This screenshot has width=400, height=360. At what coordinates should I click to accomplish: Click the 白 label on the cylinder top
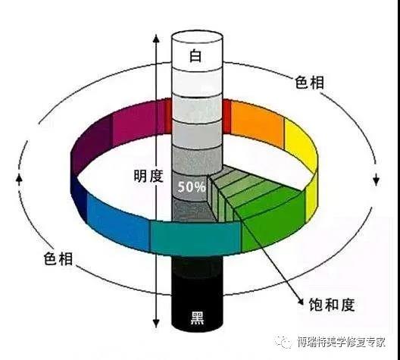click(x=195, y=55)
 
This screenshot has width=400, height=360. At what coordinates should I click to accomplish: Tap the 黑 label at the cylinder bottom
click(x=198, y=318)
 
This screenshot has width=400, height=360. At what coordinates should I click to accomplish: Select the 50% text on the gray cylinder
click(x=192, y=187)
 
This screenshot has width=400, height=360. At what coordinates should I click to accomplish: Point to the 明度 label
click(x=148, y=176)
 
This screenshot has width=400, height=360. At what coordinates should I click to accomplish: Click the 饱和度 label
click(x=332, y=305)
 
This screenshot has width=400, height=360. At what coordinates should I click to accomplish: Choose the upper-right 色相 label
click(x=309, y=82)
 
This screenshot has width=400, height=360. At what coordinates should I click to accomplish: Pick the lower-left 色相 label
click(x=58, y=258)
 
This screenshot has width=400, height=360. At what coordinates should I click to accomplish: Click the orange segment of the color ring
click(x=257, y=124)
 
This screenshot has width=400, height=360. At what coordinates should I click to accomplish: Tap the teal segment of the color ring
click(x=195, y=238)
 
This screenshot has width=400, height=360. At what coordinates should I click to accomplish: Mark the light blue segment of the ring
click(x=118, y=221)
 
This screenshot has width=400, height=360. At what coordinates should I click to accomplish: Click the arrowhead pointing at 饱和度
click(x=300, y=301)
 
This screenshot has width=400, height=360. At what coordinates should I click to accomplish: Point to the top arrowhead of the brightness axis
click(x=156, y=39)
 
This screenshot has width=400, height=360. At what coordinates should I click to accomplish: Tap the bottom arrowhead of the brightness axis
click(x=156, y=323)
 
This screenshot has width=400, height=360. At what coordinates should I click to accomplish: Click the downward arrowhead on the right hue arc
click(x=376, y=180)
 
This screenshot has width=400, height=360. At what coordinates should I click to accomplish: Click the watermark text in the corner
click(x=341, y=342)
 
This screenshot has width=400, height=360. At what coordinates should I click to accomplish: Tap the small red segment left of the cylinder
click(x=168, y=116)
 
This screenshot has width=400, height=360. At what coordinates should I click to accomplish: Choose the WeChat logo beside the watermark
click(x=283, y=341)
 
